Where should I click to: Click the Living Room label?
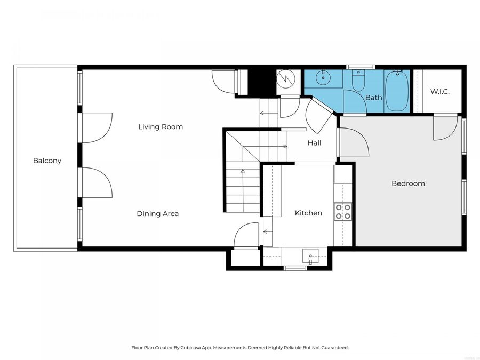pos(161,127)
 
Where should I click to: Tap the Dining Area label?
pos(157,214)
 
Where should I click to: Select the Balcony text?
pos(47,161)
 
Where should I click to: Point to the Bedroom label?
pos(408,183)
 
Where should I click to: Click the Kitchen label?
pos(308,213)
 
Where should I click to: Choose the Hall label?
pos(314,143)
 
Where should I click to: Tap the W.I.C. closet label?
pos(440,92)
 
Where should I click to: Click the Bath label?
pos(373,98)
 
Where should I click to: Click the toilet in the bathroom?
pos(358,81)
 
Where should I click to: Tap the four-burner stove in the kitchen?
pos(342,212)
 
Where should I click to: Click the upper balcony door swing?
pos(97,128)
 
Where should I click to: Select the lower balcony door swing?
pos(97,182)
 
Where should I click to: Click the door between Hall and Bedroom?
pos(353,143)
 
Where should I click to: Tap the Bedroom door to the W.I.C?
pos(445,128)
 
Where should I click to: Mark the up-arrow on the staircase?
pos(243,171)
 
